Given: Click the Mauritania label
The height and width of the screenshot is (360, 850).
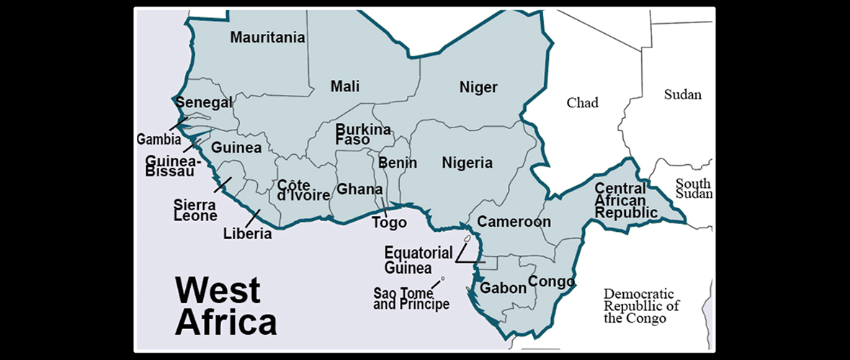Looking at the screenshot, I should click(x=267, y=37).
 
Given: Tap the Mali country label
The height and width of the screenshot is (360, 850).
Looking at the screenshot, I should click(x=345, y=86).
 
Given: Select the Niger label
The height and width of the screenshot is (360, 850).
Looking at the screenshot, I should click(x=478, y=88).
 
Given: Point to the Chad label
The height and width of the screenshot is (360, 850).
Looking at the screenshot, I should click(x=582, y=102).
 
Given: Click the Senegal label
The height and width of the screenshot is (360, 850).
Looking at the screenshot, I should click(x=205, y=103).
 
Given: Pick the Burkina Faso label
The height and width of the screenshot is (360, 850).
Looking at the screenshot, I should click(x=363, y=135).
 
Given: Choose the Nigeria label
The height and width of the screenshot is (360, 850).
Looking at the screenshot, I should click(x=467, y=163).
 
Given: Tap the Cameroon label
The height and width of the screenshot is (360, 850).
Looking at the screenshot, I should click(x=514, y=222).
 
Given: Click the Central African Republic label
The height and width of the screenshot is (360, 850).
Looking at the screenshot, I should click(x=626, y=201).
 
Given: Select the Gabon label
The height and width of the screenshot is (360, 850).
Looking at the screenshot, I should click(x=504, y=288).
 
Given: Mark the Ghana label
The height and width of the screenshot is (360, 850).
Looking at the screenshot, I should click(x=360, y=189).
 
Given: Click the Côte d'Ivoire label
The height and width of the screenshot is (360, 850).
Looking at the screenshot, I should click(x=303, y=189).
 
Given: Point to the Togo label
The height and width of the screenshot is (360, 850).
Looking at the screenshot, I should click(x=390, y=222).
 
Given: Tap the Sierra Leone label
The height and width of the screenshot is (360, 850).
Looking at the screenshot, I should click(x=194, y=210).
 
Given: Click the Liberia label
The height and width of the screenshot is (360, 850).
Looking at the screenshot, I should click(x=247, y=233).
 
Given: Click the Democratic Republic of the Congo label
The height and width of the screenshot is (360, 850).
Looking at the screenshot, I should click(x=641, y=306).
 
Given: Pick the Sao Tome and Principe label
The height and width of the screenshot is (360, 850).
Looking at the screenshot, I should click(x=411, y=299).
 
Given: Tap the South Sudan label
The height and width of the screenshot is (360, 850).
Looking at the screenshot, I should click(x=694, y=189).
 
